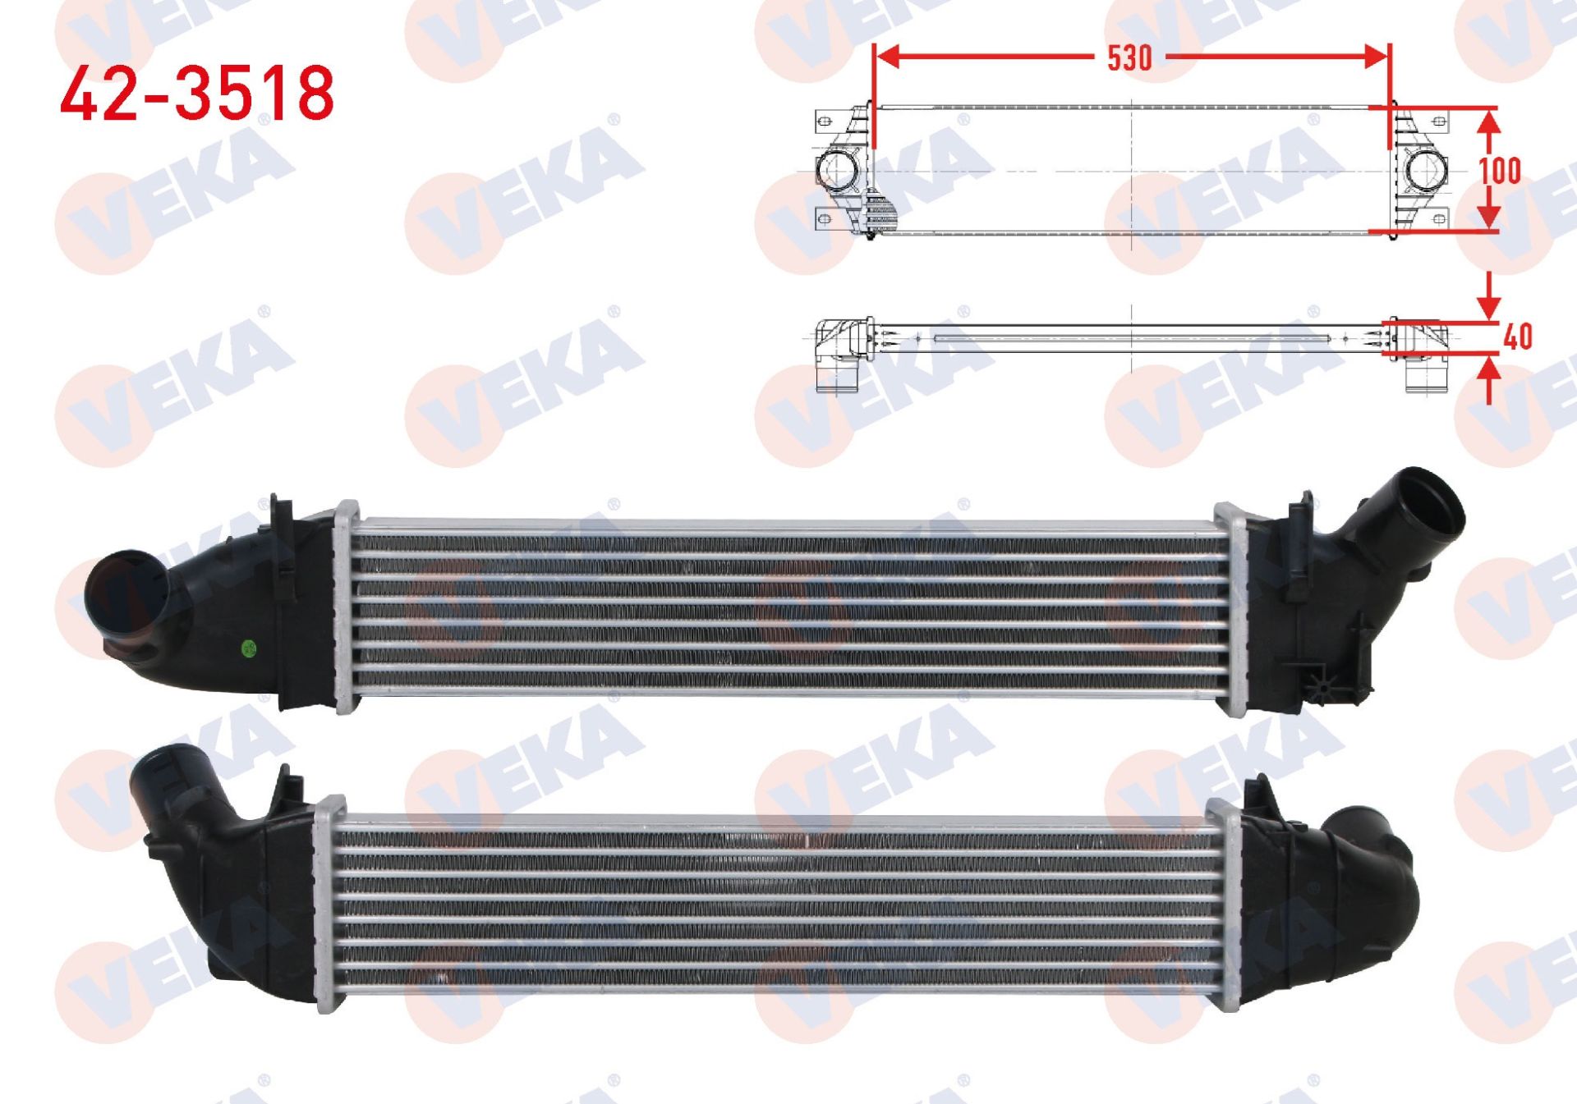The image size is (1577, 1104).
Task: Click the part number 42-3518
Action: (x=197, y=94)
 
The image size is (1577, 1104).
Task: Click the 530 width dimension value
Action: (x=1129, y=58)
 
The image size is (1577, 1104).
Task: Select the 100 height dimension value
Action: (x=1500, y=171)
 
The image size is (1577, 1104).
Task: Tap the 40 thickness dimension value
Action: (x=1518, y=337)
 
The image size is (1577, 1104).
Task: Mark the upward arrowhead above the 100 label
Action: (x=1489, y=123)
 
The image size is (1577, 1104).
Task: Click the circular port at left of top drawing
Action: (x=836, y=169)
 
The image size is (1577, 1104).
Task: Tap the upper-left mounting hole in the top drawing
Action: (x=825, y=122)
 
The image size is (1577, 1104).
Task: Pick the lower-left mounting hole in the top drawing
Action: (x=825, y=218)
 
